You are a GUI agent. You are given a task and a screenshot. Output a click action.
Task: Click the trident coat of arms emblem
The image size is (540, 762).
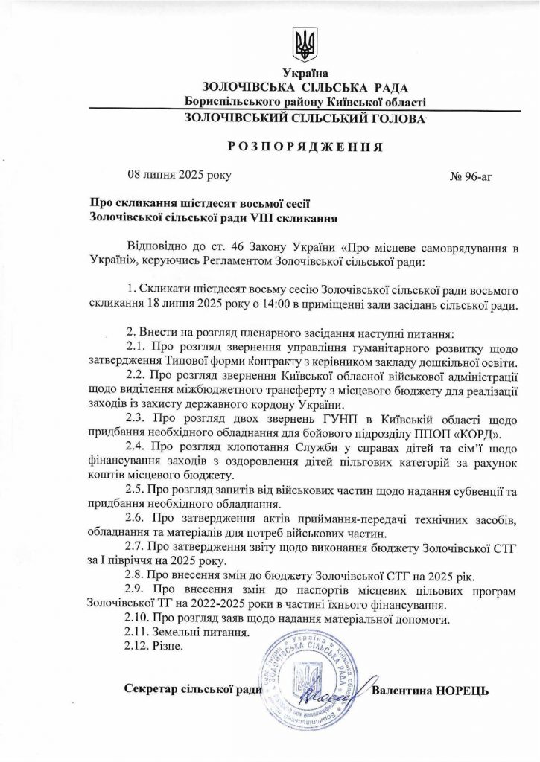[304, 45]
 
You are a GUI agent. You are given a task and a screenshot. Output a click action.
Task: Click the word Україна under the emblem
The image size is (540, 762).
[304, 73]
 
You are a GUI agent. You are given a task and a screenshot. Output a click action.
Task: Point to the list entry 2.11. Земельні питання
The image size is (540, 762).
[187, 632]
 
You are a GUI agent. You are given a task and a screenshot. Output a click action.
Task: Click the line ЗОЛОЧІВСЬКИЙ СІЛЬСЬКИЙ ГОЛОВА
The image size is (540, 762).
[304, 118]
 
